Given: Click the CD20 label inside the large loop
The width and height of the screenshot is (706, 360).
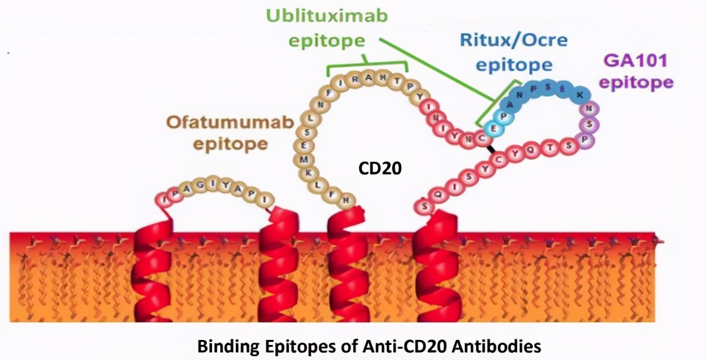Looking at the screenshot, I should [x=379, y=167].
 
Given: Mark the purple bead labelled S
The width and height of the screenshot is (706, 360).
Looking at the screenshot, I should [x=591, y=124].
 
